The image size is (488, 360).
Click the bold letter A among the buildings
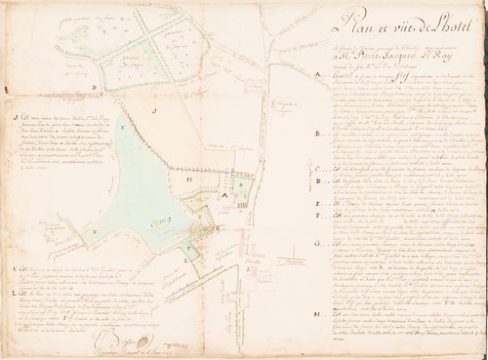224,194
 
